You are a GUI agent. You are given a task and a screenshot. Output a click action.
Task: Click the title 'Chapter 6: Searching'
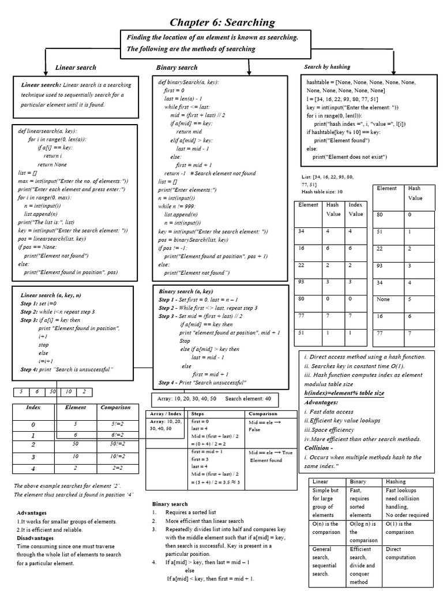[222, 23]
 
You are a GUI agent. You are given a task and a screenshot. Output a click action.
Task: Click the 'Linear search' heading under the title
[76, 68]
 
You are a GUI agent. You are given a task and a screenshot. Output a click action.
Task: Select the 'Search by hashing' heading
[327, 67]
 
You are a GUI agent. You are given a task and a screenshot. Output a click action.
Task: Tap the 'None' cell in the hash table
[383, 300]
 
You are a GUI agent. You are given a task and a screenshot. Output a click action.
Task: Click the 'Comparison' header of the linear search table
[115, 407]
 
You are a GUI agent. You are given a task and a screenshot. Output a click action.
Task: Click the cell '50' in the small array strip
[53, 392]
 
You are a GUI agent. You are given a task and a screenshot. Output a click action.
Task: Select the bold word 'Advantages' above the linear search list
[32, 513]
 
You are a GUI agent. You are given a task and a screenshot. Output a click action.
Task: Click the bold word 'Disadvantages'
[35, 537]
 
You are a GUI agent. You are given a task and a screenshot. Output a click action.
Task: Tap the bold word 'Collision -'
[318, 447]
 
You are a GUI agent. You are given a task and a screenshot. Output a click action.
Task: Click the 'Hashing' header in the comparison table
[396, 481]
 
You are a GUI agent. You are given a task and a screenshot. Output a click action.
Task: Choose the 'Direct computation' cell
[400, 553]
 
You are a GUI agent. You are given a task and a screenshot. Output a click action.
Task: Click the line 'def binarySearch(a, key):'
[189, 83]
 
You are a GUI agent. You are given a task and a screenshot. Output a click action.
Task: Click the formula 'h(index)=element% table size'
[344, 393]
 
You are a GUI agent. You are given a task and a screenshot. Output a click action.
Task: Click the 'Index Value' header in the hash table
[355, 209]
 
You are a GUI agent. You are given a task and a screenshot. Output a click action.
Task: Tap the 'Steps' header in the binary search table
[197, 414]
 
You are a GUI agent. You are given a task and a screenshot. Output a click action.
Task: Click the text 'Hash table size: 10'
[322, 192]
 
